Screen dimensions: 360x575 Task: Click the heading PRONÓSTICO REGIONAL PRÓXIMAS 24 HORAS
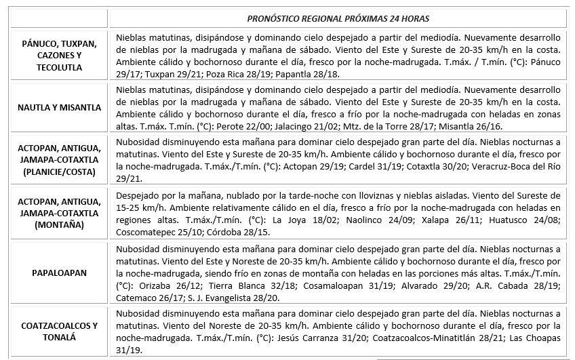tap(337, 18)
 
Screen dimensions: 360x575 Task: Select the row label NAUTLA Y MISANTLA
tap(60, 107)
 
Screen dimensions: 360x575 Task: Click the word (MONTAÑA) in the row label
tap(60, 225)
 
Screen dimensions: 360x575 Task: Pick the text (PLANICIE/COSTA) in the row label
tap(60, 172)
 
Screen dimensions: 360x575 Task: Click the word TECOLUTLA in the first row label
tap(60, 67)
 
